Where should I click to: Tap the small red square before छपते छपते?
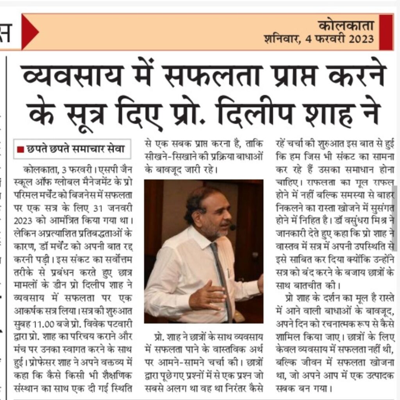21,149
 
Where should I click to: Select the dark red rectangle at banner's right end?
386,32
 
